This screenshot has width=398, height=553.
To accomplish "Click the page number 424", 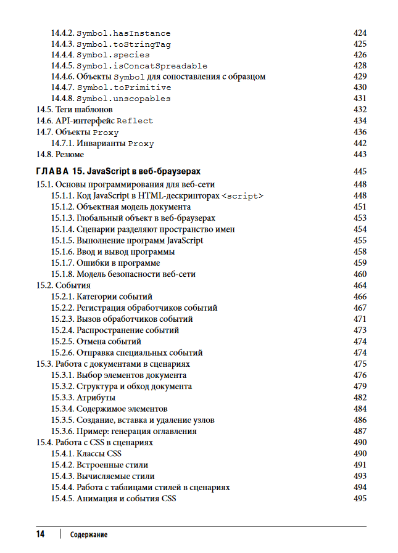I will coord(360,33).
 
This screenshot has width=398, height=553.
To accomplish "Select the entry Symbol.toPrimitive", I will coord(123,88).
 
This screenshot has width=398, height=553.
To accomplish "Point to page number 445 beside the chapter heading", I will coord(360,171).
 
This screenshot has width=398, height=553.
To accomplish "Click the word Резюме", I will coord(70,154).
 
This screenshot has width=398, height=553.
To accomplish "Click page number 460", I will coord(360,274).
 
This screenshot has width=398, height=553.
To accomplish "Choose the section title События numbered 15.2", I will coord(73,285).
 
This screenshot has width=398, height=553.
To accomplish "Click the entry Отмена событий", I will coord(109,342).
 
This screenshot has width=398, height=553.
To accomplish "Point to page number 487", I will coord(360,431).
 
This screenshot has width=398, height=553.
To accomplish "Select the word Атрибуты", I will coord(96,398).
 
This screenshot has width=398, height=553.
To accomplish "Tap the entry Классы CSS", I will coord(99,454).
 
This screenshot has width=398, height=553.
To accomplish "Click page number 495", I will coord(360,498).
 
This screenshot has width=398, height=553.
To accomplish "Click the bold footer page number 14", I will coord(40,534).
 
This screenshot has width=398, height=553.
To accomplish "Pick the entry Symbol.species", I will coord(113,55).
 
